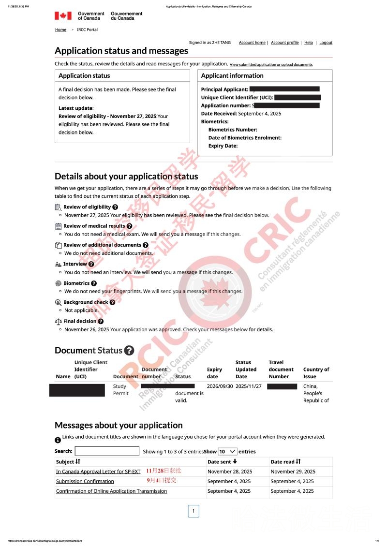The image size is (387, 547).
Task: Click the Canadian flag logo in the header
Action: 63,16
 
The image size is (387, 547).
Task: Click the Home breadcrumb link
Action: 60,30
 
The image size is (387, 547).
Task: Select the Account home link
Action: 252,43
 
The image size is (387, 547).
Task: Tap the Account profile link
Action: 284,43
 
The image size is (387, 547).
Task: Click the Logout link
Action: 326,43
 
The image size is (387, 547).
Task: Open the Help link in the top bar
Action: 308,43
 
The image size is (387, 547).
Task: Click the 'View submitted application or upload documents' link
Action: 271,64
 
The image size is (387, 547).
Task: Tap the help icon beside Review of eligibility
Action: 115,207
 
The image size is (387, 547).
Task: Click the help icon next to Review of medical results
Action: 129,226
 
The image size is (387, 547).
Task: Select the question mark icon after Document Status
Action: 129,351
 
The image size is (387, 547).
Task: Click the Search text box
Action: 107,451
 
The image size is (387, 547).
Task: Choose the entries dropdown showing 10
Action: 227,451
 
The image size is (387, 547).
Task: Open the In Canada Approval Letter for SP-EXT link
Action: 98,472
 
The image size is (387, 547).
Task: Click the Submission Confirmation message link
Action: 85,481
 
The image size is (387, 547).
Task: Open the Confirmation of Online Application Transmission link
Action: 111,491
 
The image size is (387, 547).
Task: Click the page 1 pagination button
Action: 193,511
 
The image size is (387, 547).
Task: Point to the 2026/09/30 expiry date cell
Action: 220,386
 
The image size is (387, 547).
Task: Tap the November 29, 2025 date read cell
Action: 293,472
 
